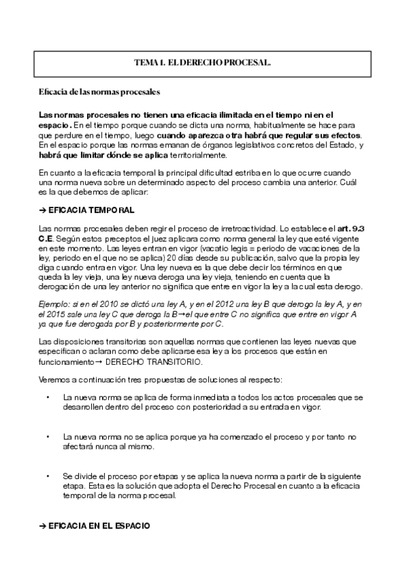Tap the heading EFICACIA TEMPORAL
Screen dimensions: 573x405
coord(91,211)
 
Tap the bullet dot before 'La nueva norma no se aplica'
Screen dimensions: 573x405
coord(49,437)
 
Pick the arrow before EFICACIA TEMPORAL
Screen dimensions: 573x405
coord(43,211)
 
